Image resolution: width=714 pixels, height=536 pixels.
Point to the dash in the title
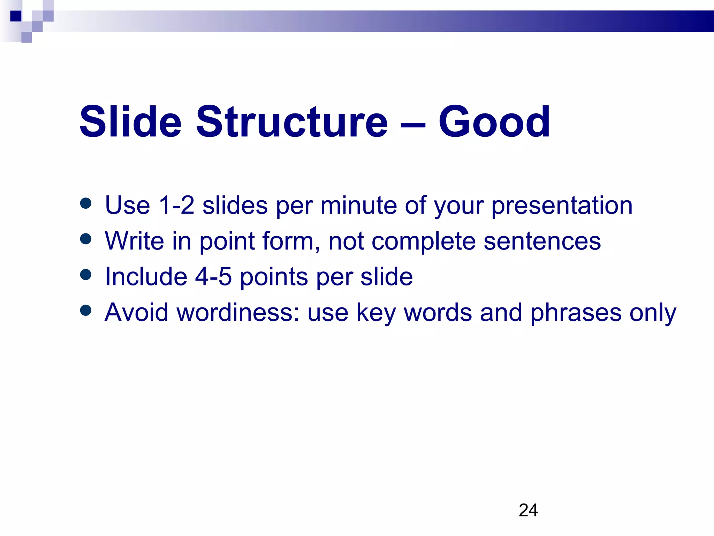pos(413,124)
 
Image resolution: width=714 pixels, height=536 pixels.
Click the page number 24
pos(528,510)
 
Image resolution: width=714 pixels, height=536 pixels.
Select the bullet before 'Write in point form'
pos(85,239)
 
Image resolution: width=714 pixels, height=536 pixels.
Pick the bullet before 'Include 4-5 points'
pos(85,275)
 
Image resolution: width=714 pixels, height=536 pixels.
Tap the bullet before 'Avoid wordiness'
pos(85,310)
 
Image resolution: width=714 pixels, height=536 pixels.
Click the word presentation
pos(562,206)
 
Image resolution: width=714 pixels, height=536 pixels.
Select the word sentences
pos(542,241)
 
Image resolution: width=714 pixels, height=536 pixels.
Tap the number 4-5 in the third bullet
pos(213,277)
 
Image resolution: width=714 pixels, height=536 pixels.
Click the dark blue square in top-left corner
pos(16,16)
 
